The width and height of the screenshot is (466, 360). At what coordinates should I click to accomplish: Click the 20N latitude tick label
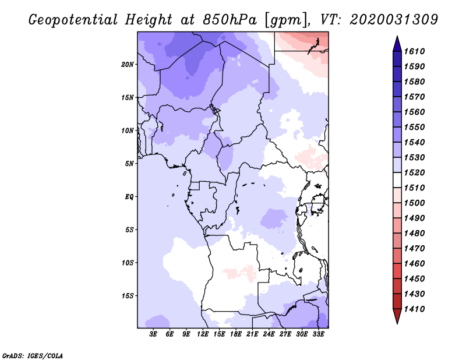coord(128,64)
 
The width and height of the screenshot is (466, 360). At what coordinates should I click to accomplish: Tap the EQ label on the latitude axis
coord(129,196)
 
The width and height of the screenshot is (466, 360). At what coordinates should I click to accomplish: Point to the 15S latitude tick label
coord(128,295)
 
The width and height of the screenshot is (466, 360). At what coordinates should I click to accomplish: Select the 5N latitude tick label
coord(129,164)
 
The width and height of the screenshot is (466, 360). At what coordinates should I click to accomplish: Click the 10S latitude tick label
coord(128,263)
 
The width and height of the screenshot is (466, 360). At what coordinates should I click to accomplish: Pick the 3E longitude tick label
coord(154,335)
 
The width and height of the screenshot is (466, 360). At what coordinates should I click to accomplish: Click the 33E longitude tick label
coord(318,335)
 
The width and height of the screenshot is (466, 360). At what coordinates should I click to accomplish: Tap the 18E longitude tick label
coord(236,335)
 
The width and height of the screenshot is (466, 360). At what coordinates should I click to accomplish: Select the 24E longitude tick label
coord(269,335)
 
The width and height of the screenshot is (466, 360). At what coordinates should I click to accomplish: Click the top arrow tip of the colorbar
coord(397,38)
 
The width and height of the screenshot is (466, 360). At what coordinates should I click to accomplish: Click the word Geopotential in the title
coord(75,20)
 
